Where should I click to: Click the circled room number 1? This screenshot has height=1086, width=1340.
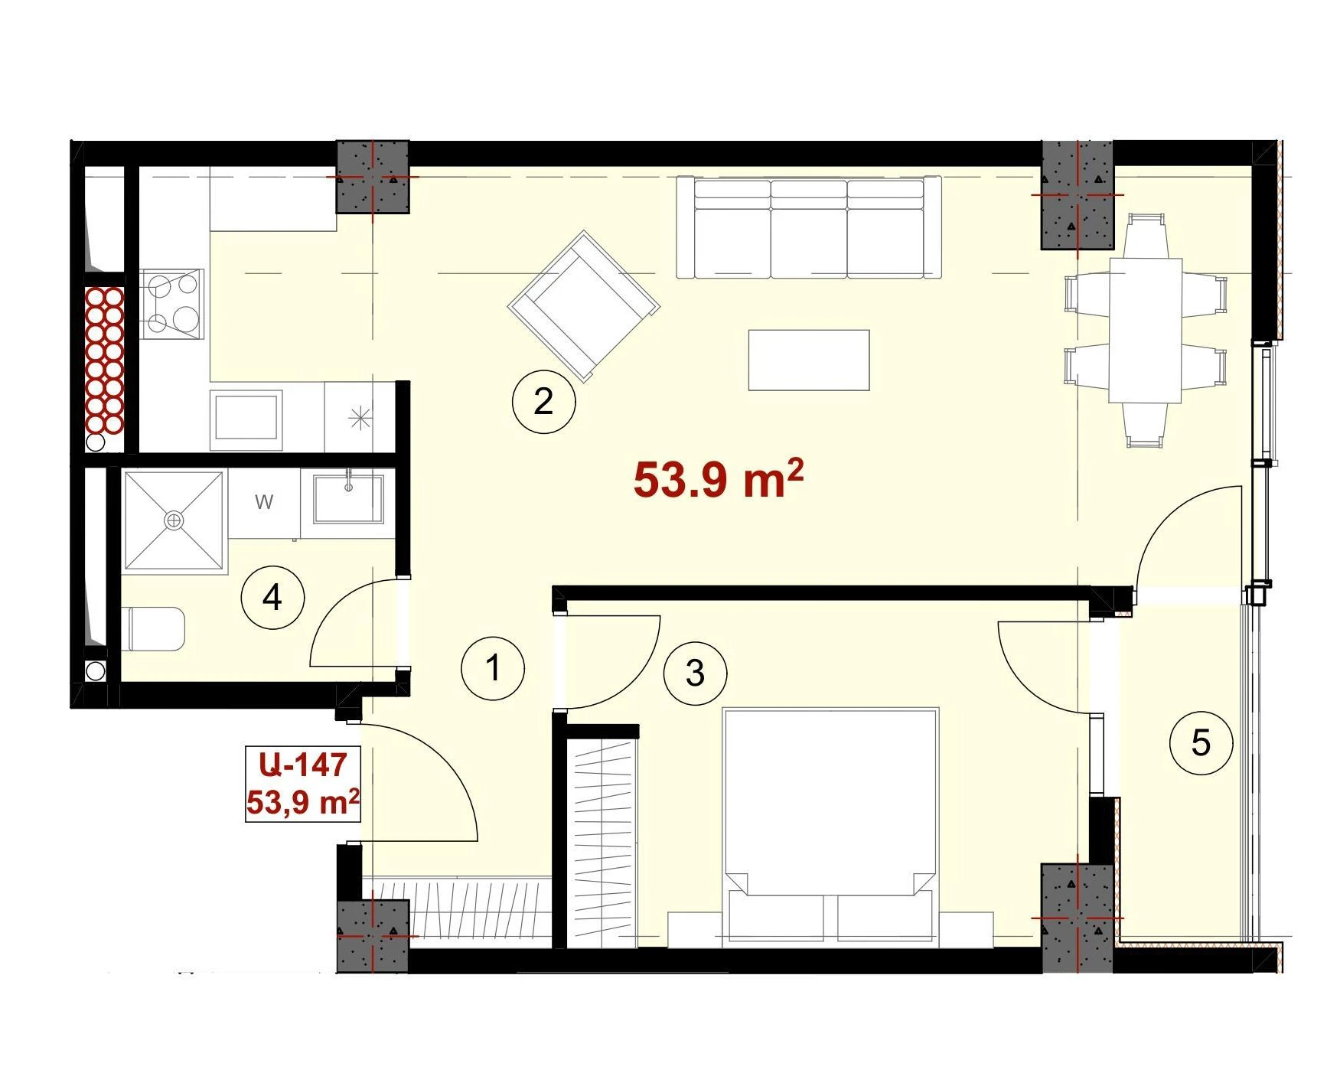click(493, 667)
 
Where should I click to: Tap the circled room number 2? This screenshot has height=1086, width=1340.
click(543, 401)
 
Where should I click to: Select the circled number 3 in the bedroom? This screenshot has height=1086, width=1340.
click(695, 673)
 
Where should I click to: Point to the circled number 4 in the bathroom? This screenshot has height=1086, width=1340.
click(272, 597)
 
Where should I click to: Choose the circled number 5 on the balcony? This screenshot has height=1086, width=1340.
click(1201, 742)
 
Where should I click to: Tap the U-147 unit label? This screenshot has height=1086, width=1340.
click(302, 764)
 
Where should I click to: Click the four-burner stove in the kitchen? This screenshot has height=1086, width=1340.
click(172, 305)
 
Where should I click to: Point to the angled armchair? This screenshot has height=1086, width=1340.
click(583, 305)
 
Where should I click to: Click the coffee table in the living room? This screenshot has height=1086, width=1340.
click(808, 360)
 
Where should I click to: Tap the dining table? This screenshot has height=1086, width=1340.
click(1146, 330)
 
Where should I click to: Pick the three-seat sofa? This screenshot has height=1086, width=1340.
click(808, 228)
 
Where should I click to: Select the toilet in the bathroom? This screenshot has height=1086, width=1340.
click(153, 629)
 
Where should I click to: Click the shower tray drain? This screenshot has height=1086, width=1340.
click(174, 520)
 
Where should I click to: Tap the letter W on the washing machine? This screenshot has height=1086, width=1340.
click(264, 502)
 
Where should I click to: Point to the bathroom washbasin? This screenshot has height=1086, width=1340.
click(348, 497)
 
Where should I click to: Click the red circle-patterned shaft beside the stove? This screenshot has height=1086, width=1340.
click(104, 360)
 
